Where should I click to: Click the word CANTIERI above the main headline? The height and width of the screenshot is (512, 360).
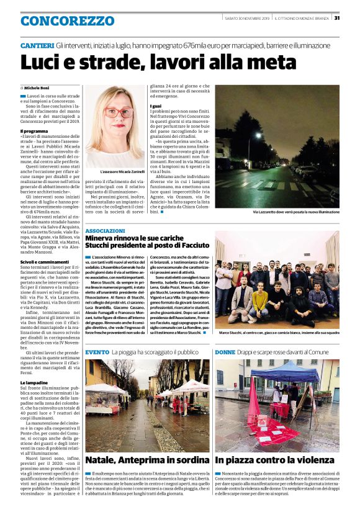[37, 47]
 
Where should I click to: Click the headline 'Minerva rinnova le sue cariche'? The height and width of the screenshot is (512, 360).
[142, 238]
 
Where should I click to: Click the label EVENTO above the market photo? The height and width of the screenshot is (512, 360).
[97, 352]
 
